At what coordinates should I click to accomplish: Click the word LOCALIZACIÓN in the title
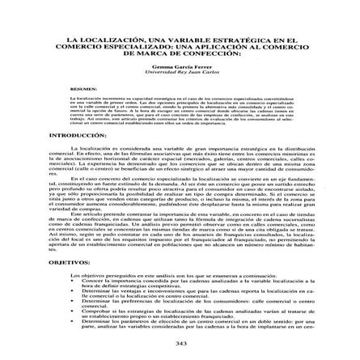pyautogui.click(x=102, y=38)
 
